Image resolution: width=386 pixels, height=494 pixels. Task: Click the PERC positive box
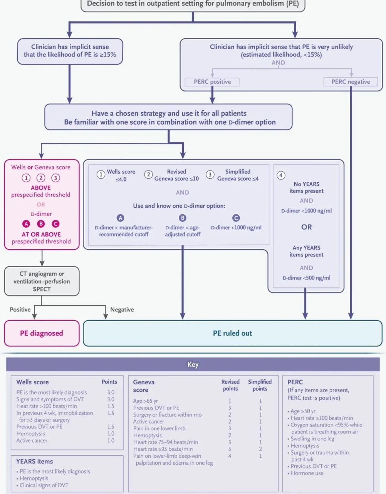212,82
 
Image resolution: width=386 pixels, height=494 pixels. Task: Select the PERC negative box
351,82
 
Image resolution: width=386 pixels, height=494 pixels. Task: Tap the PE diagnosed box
42,333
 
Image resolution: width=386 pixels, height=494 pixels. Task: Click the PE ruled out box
232,333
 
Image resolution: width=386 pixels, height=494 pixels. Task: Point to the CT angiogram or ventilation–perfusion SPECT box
42,281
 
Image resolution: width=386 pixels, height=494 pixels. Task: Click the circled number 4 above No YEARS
281,175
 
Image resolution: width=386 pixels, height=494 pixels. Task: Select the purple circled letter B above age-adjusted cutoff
183,218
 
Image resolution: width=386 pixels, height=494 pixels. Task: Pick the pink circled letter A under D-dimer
26,224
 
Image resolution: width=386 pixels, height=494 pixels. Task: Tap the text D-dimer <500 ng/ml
306,278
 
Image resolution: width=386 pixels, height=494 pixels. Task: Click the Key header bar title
193,364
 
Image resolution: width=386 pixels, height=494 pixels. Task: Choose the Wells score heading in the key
32,382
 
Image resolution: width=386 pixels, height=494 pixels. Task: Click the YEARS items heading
35,461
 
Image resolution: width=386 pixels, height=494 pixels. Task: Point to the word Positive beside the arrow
20,310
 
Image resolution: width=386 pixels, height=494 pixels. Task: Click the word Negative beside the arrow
122,310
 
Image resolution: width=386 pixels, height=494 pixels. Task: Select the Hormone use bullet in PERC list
307,473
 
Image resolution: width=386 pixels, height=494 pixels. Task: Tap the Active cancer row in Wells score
32,440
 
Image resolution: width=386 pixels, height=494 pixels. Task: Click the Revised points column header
230,385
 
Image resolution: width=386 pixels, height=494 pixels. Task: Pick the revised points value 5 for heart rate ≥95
230,449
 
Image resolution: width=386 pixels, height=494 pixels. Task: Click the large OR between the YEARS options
307,227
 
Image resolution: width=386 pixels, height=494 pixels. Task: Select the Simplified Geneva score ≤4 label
238,175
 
